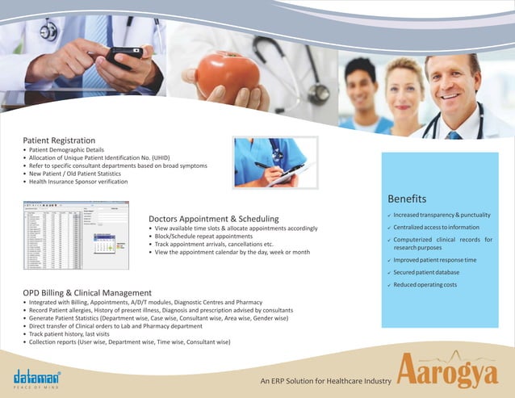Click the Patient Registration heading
pyautogui.click(x=59, y=140)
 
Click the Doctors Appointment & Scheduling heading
pyautogui.click(x=214, y=219)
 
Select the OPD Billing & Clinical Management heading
pyautogui.click(x=87, y=292)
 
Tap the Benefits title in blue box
pyautogui.click(x=407, y=199)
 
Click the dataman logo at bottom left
pyautogui.click(x=37, y=377)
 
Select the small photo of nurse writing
pyautogui.click(x=274, y=162)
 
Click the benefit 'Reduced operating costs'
pyautogui.click(x=425, y=284)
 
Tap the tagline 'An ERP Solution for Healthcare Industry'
pyautogui.click(x=325, y=380)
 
